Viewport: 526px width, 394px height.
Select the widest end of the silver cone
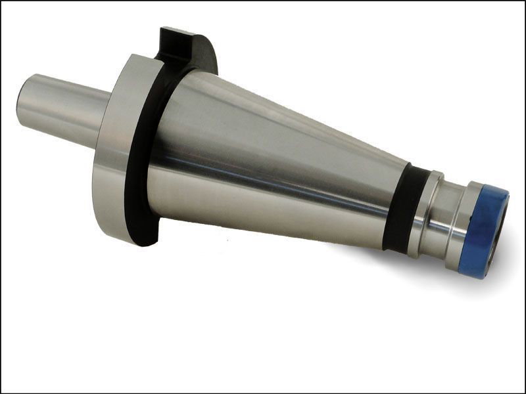(x=171, y=144)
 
